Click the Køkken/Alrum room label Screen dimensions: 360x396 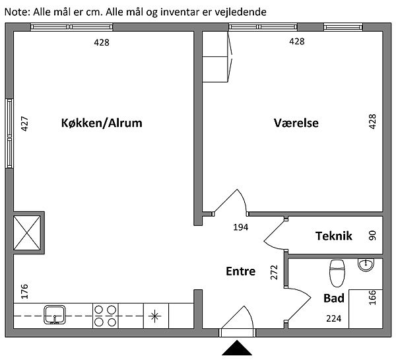101,123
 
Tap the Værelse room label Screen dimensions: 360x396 296,123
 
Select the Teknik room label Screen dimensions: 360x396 334,236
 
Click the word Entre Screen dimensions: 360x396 240,271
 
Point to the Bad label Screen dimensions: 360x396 334,298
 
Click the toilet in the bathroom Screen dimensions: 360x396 337,271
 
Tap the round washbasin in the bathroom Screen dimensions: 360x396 366,265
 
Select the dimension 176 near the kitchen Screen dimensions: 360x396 25,291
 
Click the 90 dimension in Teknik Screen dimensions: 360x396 372,235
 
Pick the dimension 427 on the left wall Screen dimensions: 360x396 25,126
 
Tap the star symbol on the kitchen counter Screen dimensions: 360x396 156,315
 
